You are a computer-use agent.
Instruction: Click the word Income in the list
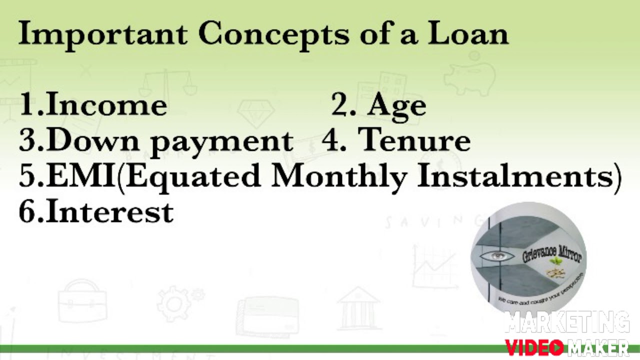106,105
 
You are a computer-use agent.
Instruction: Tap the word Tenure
414,140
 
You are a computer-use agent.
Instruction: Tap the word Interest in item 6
109,211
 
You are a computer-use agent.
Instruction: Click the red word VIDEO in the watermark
534,347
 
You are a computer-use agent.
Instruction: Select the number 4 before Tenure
330,140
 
